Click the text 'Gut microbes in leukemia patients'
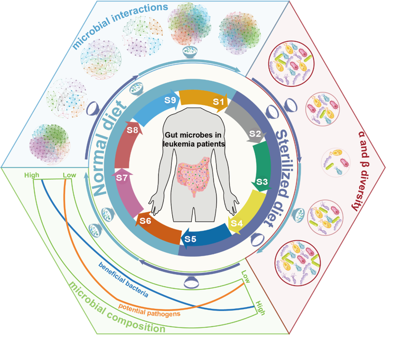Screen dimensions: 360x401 pos(194,139)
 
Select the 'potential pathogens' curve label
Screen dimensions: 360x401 pos(149,310)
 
